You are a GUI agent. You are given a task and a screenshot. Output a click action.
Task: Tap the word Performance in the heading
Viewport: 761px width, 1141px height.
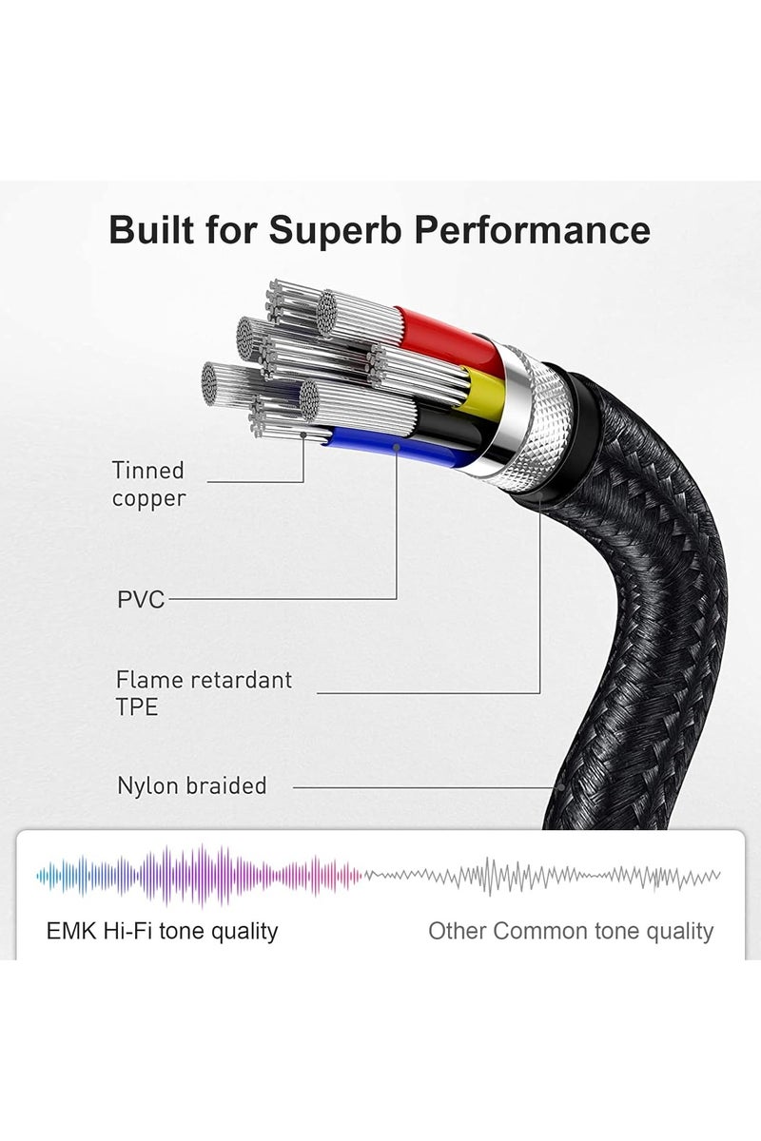click(532, 230)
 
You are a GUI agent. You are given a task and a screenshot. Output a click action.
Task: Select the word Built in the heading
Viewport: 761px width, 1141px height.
click(151, 230)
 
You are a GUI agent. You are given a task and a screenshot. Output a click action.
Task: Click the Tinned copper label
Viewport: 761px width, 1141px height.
click(148, 484)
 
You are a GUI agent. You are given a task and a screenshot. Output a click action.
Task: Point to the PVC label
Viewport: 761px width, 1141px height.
click(141, 600)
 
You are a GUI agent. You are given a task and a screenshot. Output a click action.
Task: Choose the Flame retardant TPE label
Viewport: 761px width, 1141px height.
click(204, 693)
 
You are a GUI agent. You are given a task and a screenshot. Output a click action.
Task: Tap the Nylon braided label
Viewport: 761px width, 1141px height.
click(191, 786)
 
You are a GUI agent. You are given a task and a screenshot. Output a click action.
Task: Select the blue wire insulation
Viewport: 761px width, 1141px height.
click(402, 447)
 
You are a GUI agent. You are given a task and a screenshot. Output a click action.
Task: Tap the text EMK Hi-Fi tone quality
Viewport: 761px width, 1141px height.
click(162, 932)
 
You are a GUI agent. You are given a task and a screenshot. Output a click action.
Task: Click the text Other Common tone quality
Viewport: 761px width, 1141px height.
click(571, 932)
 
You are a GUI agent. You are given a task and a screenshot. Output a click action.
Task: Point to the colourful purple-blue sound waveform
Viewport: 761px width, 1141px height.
click(199, 876)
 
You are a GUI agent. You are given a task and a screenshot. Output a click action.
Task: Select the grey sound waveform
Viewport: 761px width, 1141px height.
click(541, 876)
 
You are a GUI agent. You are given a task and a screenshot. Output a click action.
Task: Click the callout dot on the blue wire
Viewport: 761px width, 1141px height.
click(397, 447)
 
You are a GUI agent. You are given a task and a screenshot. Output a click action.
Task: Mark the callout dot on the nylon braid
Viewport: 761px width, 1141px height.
click(560, 787)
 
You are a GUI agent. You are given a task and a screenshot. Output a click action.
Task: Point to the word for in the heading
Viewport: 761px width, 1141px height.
click(231, 230)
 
